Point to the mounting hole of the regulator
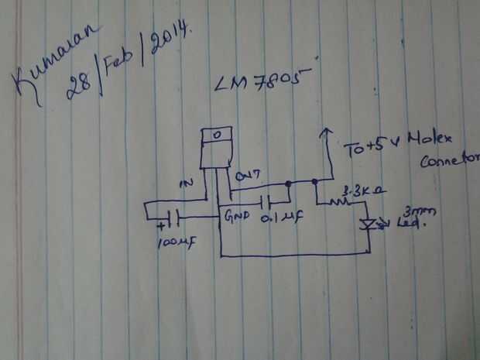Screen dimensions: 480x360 tap(218, 134)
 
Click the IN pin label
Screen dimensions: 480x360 tap(186, 183)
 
